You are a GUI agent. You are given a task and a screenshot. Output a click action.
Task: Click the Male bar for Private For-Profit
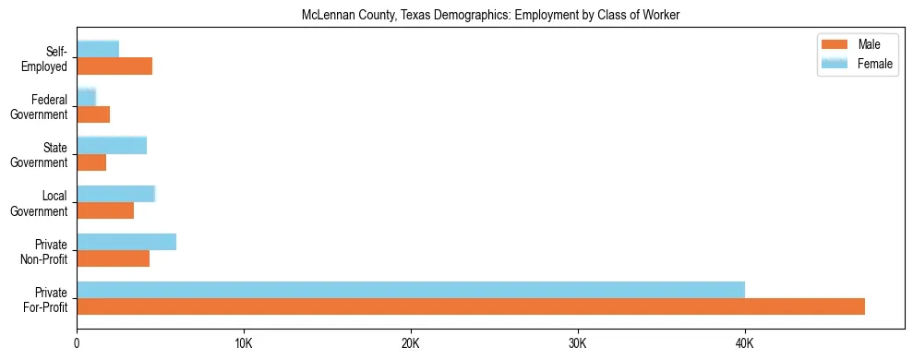471,306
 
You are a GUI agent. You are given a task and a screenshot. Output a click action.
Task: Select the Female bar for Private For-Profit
411,290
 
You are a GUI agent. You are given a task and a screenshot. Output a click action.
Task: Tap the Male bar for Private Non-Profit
113,258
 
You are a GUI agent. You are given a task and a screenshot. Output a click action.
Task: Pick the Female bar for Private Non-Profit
126,242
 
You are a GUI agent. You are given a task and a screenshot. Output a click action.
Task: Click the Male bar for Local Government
105,210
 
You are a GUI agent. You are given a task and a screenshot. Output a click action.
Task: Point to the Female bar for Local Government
115,194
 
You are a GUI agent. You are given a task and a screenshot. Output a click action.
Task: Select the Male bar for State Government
91,162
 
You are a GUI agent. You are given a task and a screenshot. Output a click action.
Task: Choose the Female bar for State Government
112,146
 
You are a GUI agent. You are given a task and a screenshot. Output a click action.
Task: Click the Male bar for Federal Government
93,114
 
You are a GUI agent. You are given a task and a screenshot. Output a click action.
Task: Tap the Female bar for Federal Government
86,98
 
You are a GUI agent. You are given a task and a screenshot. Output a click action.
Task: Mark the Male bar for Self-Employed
114,66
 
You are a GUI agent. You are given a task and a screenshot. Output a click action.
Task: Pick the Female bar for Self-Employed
98,50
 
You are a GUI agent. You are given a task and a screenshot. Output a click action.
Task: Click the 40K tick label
744,343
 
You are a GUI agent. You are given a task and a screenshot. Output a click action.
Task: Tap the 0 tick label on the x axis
77,343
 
